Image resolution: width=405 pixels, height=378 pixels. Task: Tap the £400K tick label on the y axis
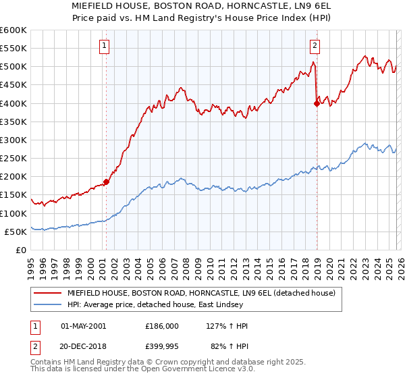(13, 103)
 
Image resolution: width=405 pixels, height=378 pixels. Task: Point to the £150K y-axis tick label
(13, 195)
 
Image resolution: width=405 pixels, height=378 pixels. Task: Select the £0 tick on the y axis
(20, 250)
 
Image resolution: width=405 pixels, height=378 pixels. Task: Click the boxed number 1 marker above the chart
(105, 46)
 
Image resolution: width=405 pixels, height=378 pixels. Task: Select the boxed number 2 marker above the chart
(315, 46)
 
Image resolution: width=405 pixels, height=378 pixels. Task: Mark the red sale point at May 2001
(106, 182)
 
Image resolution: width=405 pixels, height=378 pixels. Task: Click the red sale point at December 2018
(316, 103)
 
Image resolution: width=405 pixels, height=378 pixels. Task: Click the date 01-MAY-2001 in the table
(83, 326)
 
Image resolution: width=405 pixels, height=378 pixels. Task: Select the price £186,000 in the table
(161, 326)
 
